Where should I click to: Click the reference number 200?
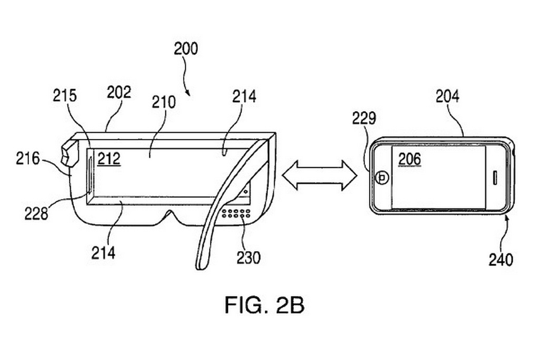[186, 49]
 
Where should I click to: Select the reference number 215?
[65, 96]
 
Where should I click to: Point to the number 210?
[164, 102]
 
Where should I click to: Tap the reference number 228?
[36, 213]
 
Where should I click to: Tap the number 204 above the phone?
[447, 96]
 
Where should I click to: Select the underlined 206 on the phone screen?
[410, 158]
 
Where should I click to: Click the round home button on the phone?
[383, 178]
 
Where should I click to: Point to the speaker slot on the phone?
[495, 177]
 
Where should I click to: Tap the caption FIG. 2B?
[265, 305]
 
